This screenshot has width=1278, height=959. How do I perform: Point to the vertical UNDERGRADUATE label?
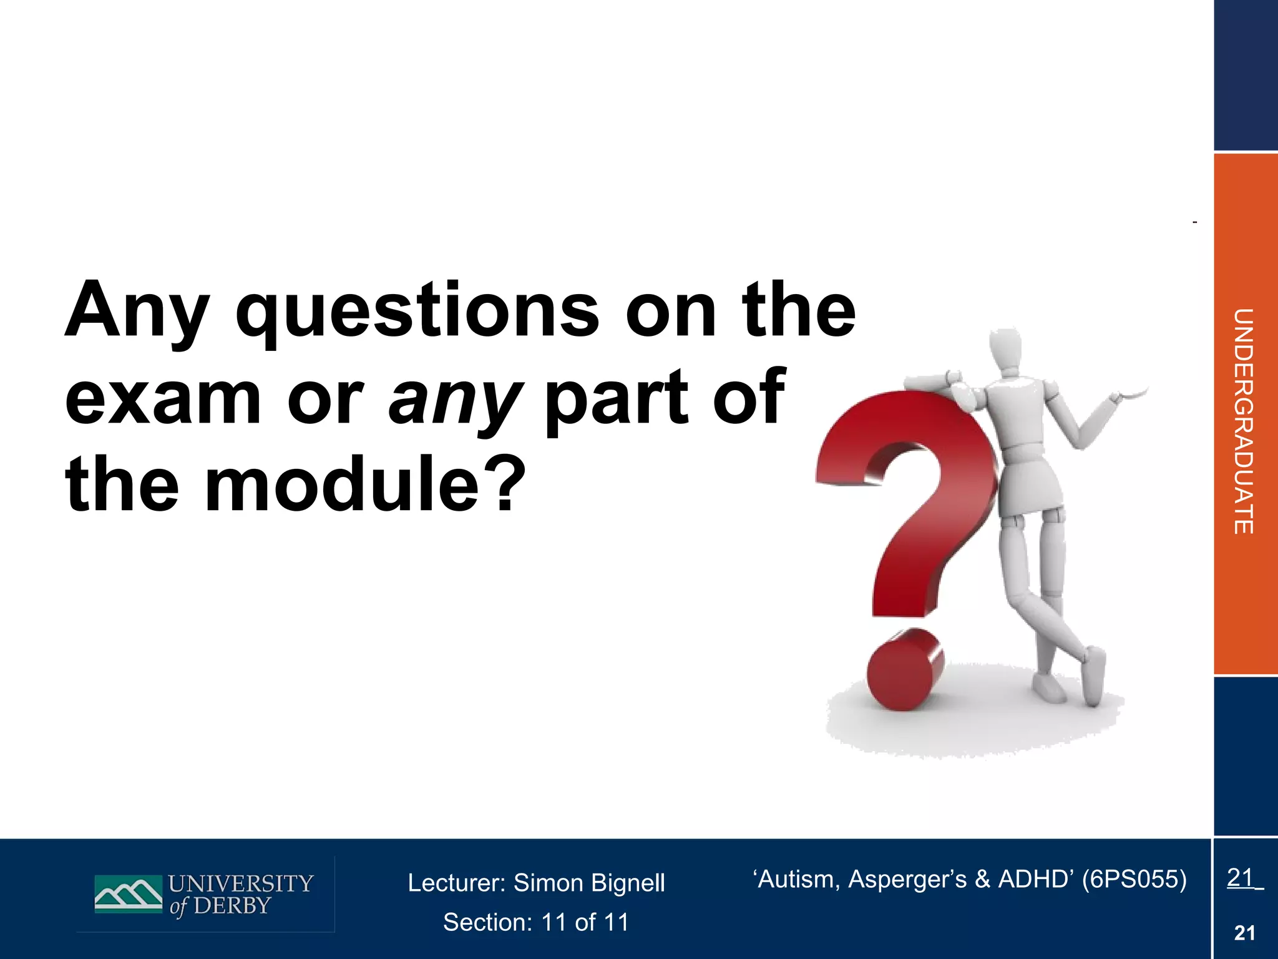tap(1243, 421)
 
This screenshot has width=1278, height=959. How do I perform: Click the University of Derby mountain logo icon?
tap(129, 893)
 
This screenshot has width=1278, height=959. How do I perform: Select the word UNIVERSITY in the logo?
tap(241, 883)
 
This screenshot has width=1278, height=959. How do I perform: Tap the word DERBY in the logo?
tap(232, 906)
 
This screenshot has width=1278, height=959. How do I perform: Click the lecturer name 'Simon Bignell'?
tap(589, 883)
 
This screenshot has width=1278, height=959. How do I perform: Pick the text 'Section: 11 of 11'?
tap(536, 922)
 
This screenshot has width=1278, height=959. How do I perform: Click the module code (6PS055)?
tap(1134, 879)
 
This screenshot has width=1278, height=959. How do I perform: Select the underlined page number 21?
tap(1241, 878)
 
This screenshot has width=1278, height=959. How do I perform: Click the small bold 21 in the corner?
tap(1244, 933)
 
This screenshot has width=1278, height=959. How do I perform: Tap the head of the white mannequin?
tap(1006, 350)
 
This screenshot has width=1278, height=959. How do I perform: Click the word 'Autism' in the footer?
tap(792, 879)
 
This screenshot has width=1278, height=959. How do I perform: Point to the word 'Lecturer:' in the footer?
tap(456, 883)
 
